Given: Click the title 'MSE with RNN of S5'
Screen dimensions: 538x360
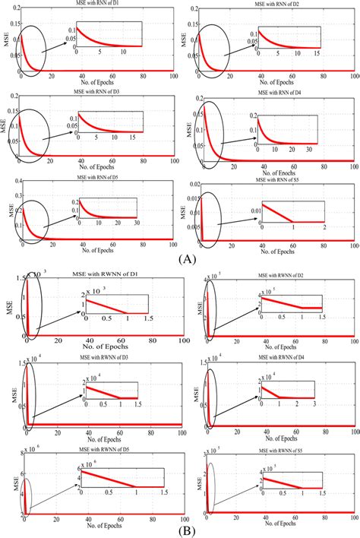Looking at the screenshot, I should [274, 180].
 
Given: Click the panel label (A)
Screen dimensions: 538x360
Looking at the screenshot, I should [180, 256].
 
